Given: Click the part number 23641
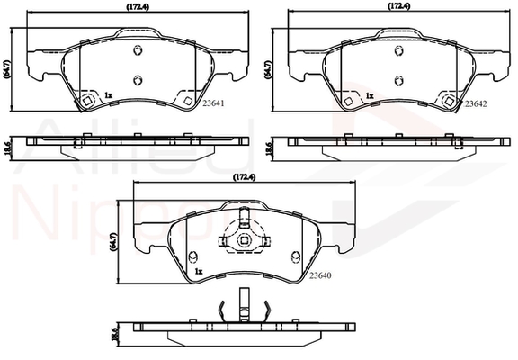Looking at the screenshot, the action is pos(213,103).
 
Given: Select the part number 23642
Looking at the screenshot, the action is pos(476,103).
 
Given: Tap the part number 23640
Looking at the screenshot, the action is pos(320,275).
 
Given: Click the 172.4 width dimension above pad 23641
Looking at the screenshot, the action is pos(138,7).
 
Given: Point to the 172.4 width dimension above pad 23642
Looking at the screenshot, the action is pos(398,6).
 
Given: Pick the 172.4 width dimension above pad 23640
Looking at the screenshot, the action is pos(244,177).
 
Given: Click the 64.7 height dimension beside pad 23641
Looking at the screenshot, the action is pos(6,68).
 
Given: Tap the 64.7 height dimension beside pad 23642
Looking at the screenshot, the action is pos(268,68).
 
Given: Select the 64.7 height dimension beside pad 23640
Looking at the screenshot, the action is pos(113,242).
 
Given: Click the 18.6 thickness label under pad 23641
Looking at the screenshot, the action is pos(8,146).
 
